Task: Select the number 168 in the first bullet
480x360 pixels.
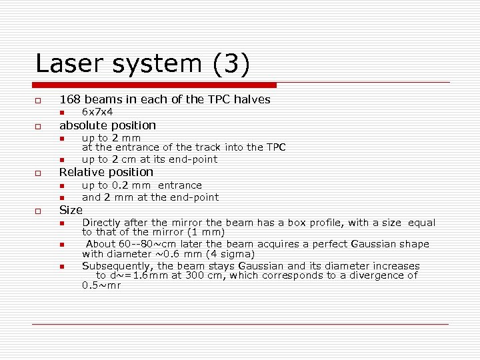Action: coord(71,99)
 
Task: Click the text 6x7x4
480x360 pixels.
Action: coord(97,112)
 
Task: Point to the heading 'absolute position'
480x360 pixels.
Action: coord(107,125)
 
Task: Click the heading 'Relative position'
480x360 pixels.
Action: coord(106,172)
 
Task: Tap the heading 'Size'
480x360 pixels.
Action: coord(71,210)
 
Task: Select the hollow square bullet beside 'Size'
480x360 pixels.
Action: coord(39,211)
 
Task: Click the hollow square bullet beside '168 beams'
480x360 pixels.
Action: coord(39,101)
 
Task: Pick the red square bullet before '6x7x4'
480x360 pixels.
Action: coord(61,113)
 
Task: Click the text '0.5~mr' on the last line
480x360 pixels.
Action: coord(101,285)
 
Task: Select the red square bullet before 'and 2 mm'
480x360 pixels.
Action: coord(61,198)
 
